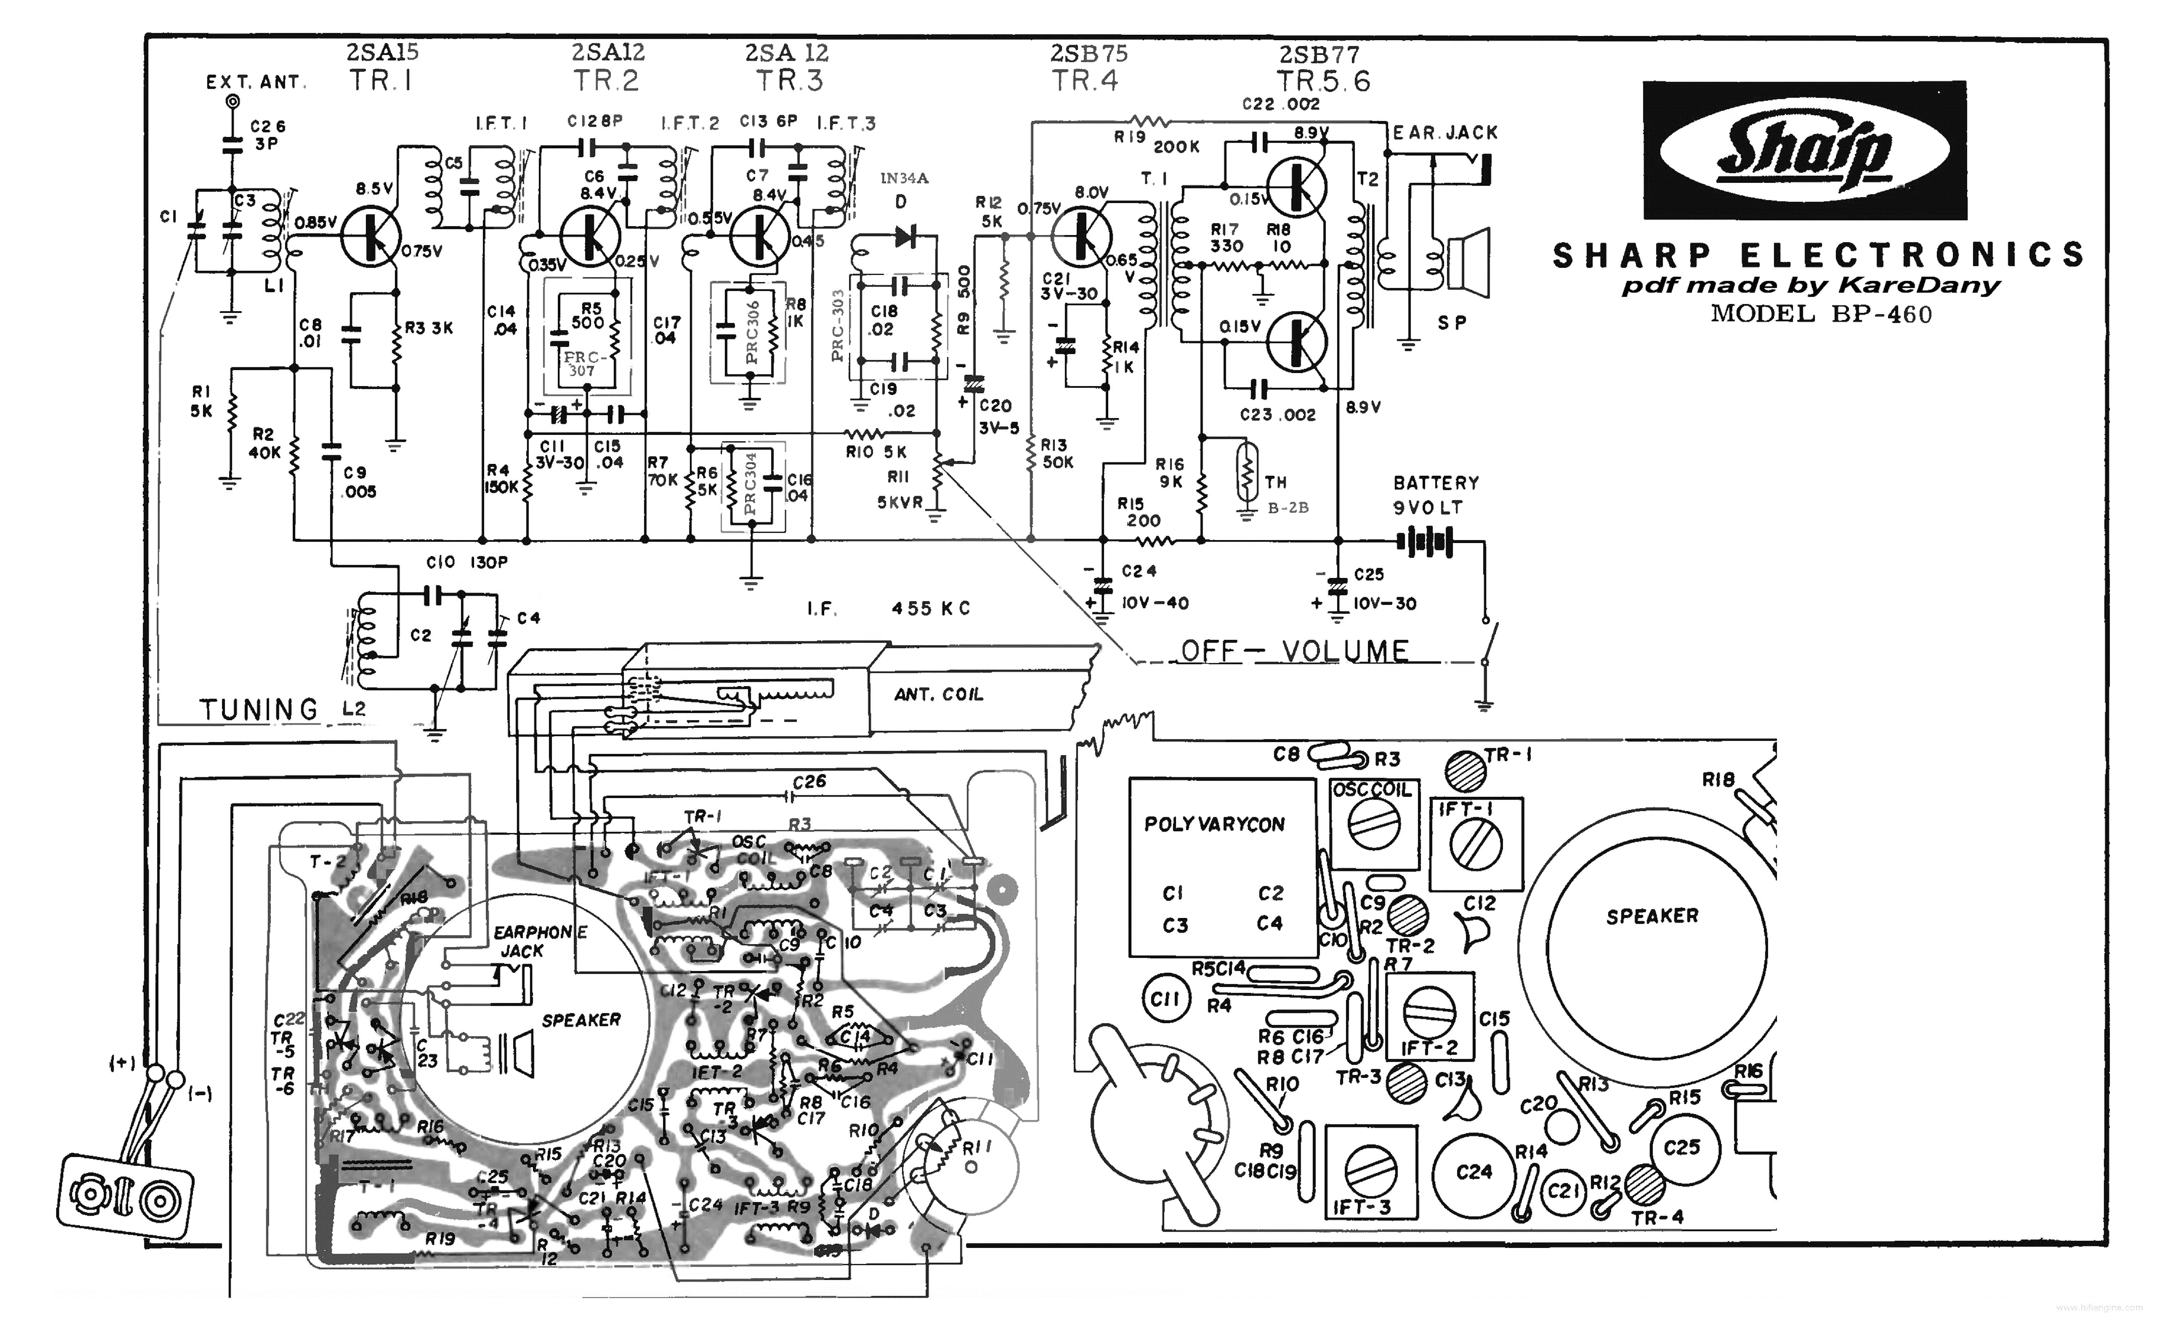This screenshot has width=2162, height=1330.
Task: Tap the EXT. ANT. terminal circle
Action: coord(232,102)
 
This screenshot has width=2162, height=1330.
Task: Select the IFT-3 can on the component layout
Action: coord(1369,1171)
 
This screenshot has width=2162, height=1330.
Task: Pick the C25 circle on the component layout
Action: coord(1681,1147)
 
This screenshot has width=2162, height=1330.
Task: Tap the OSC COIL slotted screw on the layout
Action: coord(1372,827)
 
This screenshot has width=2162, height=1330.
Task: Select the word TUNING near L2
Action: coord(259,709)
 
